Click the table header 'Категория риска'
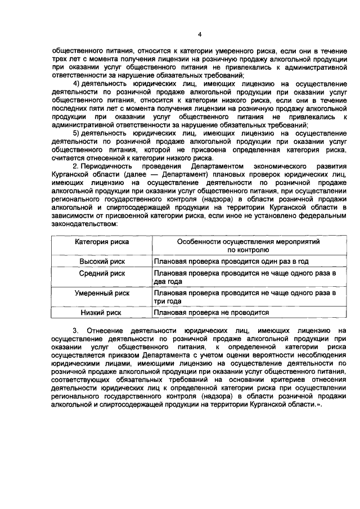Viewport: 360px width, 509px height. tap(102, 241)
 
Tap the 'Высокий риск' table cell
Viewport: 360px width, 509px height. tap(102, 262)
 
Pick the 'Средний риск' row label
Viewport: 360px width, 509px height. tap(102, 273)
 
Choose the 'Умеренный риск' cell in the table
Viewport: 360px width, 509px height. tap(102, 293)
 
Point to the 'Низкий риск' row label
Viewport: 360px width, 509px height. tap(102, 312)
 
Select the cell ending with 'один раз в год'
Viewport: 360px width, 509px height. tap(231, 262)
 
